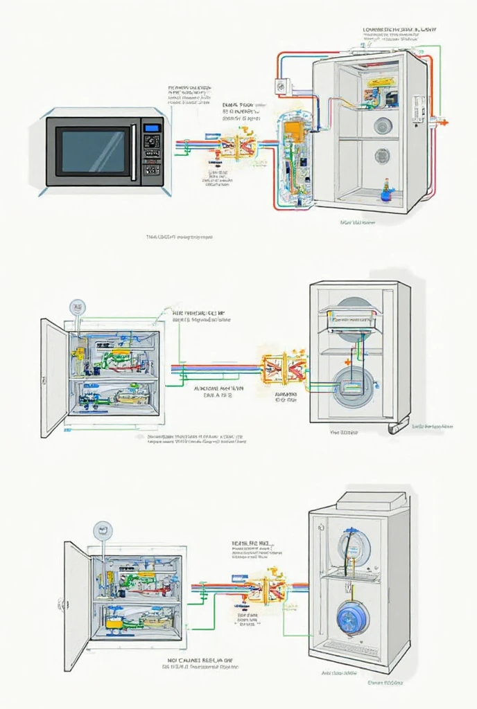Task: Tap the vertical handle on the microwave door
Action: point(134,152)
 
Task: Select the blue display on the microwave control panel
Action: point(152,127)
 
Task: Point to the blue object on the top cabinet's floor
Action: point(386,195)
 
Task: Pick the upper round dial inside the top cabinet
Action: point(383,125)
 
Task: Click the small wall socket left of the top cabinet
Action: point(281,87)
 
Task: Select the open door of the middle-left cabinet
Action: point(53,378)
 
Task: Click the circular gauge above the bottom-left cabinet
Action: point(103,530)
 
